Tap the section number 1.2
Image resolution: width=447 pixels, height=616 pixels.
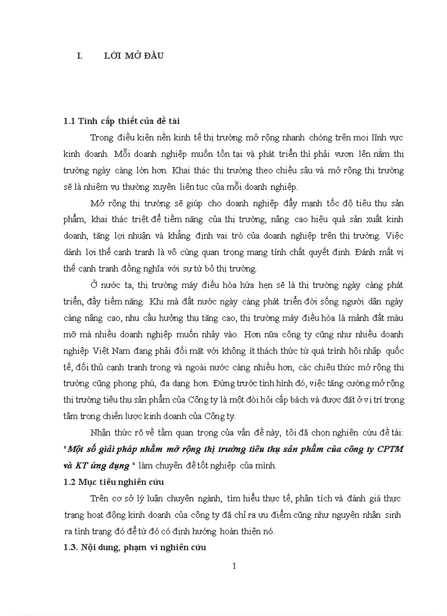(x=70, y=482)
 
